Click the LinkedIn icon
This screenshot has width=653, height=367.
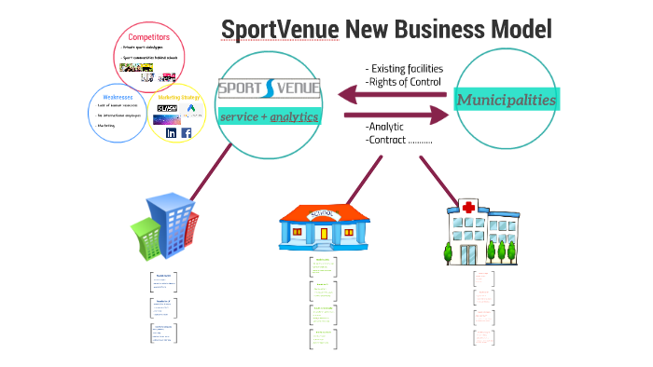171,132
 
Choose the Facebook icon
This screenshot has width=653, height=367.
186,132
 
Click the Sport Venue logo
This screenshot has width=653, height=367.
269,90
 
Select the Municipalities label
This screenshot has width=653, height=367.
507,99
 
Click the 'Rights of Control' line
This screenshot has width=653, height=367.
402,81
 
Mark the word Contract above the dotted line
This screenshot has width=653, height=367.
388,140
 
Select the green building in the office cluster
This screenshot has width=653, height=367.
147,237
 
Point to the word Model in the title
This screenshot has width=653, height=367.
518,30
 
